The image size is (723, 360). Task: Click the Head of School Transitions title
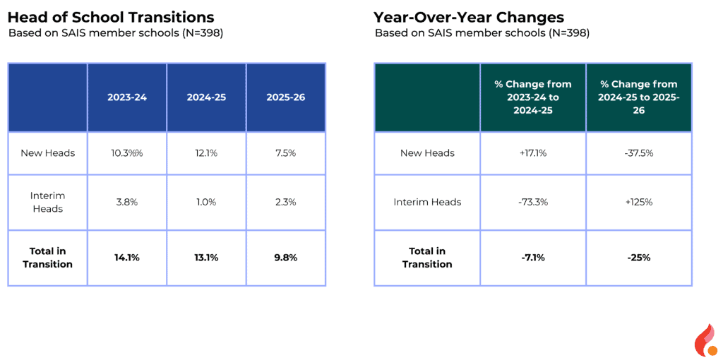(111, 17)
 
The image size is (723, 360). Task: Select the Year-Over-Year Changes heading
(469, 17)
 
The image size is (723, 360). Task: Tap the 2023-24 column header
(127, 97)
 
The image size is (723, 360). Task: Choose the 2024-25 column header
(206, 97)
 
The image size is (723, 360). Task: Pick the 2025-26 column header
(286, 97)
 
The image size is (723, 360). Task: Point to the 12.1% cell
(206, 153)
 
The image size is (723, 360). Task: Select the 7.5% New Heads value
(286, 153)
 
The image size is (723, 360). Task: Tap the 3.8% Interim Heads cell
(127, 202)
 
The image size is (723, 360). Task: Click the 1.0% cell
(206, 202)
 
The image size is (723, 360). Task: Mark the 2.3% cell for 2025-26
(286, 202)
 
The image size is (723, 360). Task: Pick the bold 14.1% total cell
(127, 258)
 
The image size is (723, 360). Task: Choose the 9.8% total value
(286, 258)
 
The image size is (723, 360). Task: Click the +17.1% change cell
(533, 153)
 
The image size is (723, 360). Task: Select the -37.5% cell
(638, 153)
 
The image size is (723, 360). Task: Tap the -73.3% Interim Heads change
(533, 202)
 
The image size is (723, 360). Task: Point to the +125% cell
(638, 202)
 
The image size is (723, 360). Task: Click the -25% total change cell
(638, 258)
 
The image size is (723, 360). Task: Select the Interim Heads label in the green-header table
(427, 202)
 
